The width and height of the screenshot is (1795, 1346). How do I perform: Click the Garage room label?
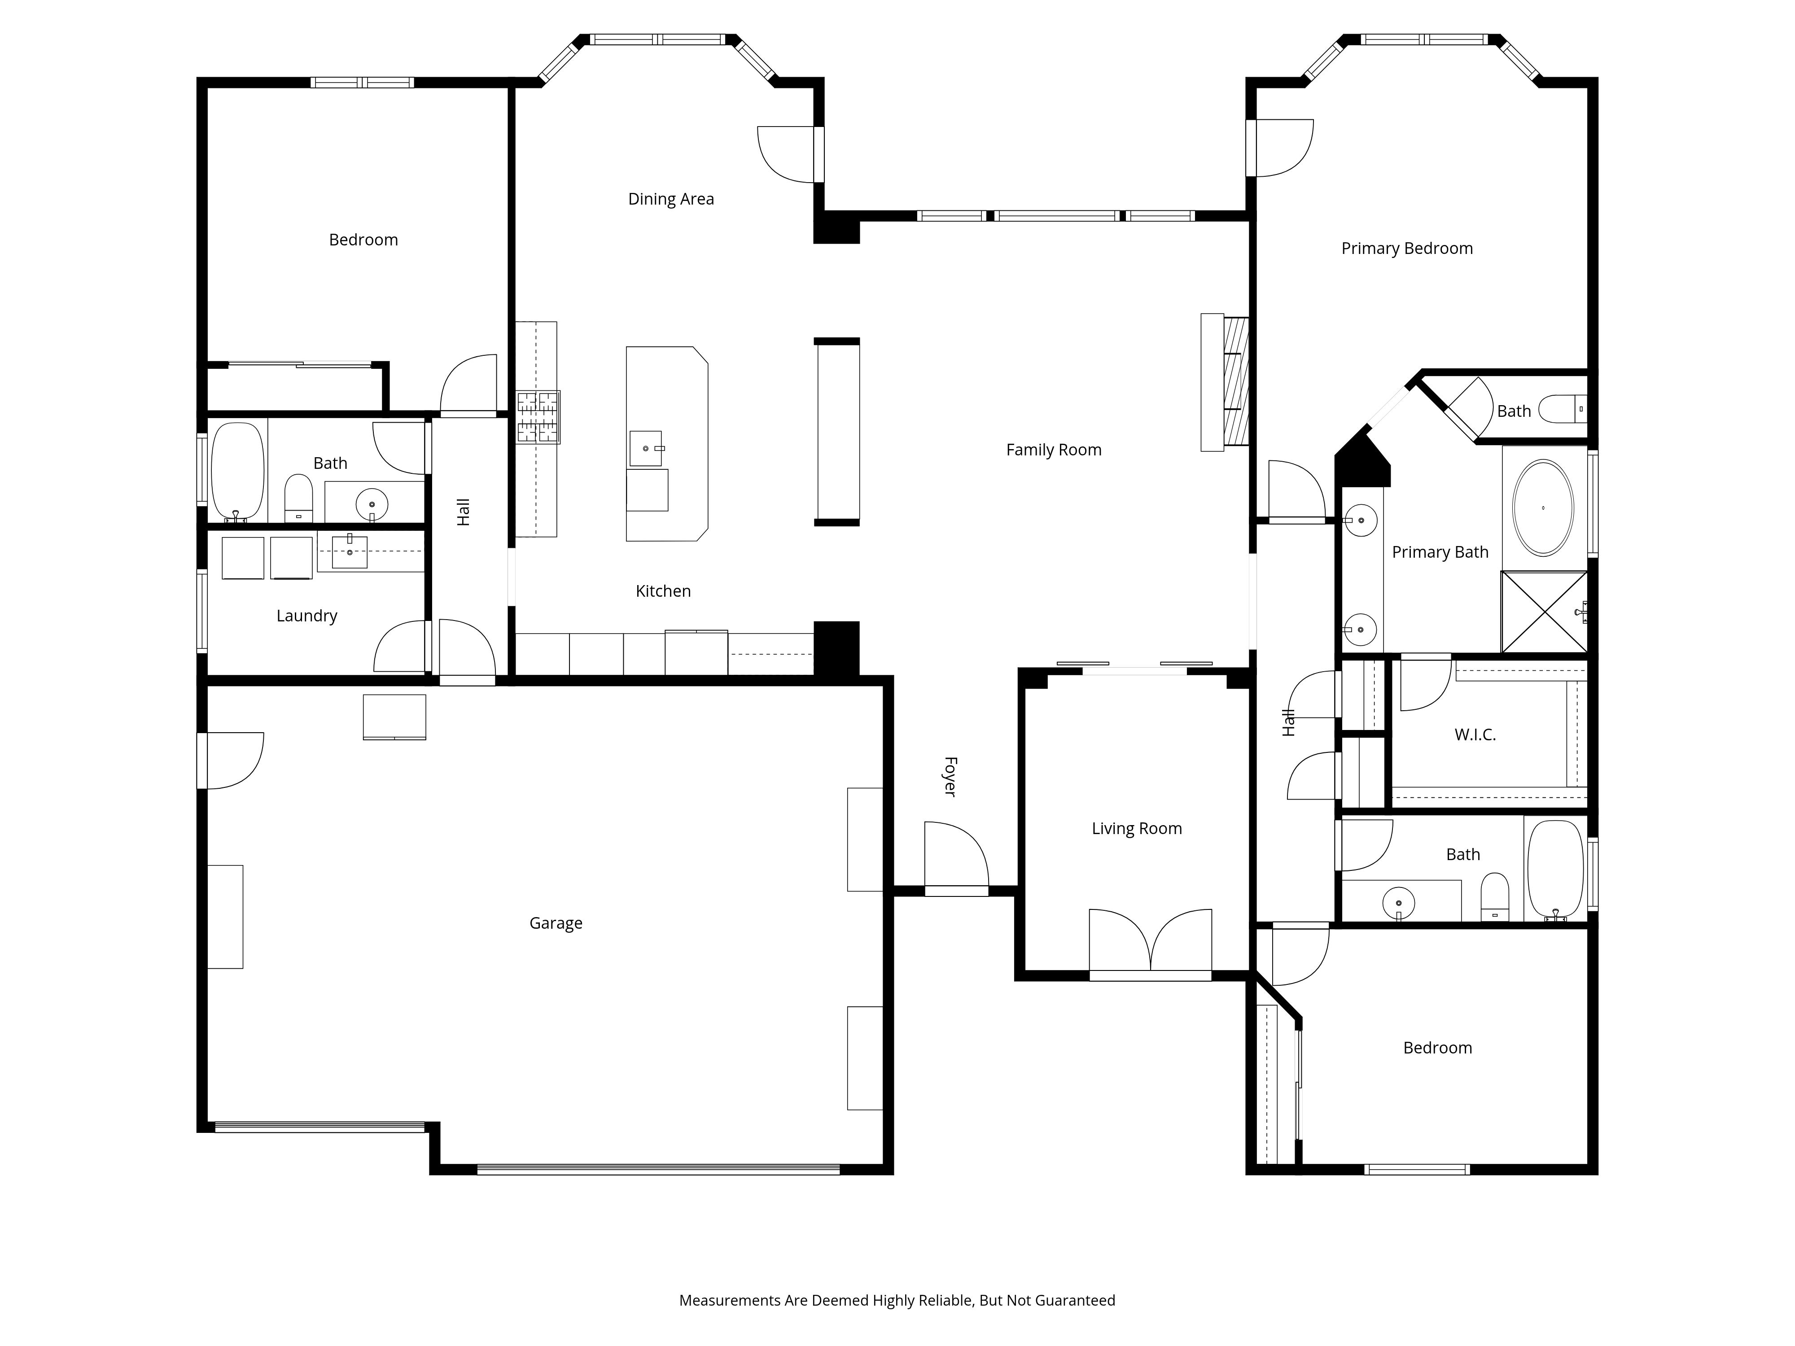pyautogui.click(x=556, y=923)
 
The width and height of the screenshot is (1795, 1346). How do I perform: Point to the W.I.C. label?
pyautogui.click(x=1475, y=735)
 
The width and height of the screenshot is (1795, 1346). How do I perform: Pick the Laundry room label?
pyautogui.click(x=307, y=616)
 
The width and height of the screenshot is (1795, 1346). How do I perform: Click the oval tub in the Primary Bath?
pyautogui.click(x=1543, y=508)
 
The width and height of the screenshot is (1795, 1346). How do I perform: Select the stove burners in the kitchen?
pyautogui.click(x=538, y=417)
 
